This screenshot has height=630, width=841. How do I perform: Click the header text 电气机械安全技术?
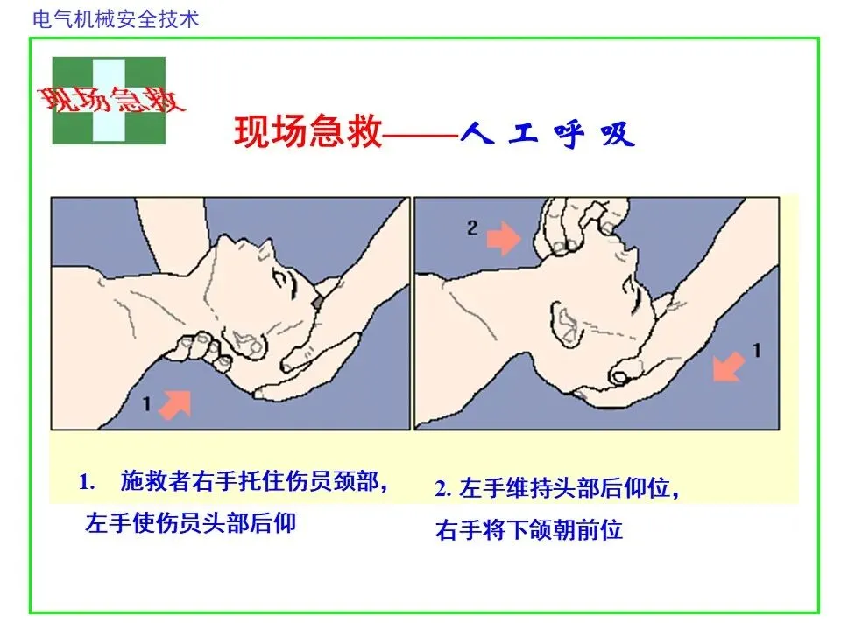pyautogui.click(x=116, y=19)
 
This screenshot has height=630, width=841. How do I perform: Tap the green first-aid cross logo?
pyautogui.click(x=109, y=101)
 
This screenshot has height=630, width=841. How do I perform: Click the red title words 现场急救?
pyautogui.click(x=308, y=131)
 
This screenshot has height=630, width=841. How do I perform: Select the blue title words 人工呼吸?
pyautogui.click(x=548, y=134)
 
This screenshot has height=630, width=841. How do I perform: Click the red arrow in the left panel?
pyautogui.click(x=176, y=404)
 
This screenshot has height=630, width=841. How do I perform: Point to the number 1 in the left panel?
pyautogui.click(x=146, y=403)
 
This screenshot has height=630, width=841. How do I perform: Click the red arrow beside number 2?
pyautogui.click(x=504, y=237)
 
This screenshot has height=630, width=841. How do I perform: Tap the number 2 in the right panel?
pyautogui.click(x=472, y=228)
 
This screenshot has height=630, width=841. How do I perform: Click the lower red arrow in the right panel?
pyautogui.click(x=728, y=367)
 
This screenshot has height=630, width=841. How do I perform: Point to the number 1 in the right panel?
pyautogui.click(x=756, y=351)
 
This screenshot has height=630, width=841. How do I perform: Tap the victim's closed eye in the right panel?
pyautogui.click(x=638, y=295)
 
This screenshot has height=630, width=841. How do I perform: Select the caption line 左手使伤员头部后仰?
pyautogui.click(x=190, y=523)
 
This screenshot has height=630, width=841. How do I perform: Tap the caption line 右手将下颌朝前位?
pyautogui.click(x=529, y=530)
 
